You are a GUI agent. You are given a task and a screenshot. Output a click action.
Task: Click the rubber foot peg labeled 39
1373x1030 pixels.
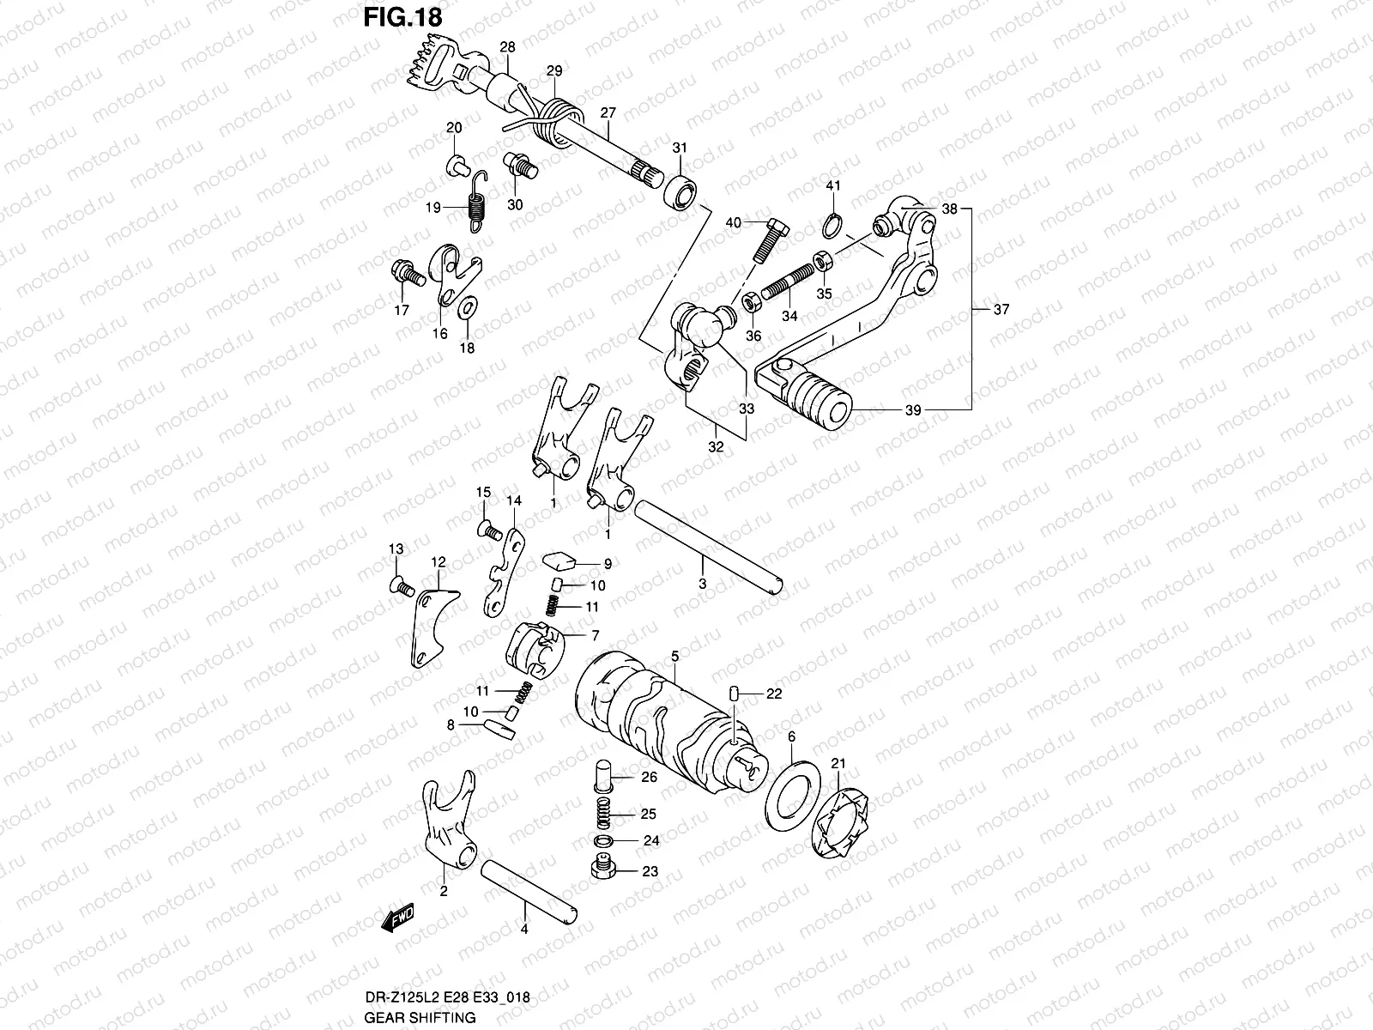[821, 398]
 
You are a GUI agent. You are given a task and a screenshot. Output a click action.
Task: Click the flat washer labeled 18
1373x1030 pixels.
[469, 308]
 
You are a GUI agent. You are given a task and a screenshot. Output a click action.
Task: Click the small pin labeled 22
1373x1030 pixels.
[735, 694]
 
